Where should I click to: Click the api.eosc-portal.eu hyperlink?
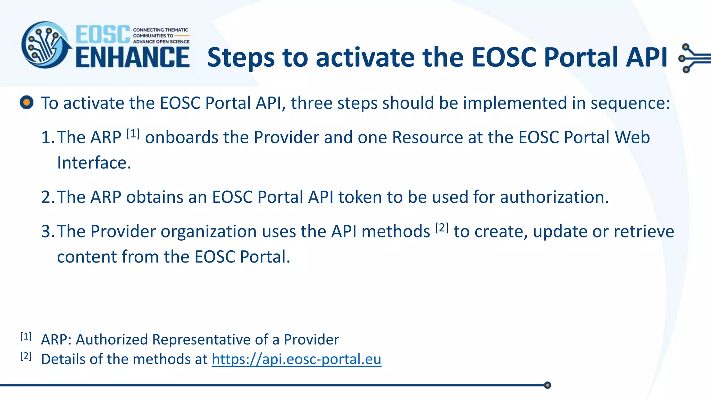pos(296,359)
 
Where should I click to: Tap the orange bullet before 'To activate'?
pos(27,102)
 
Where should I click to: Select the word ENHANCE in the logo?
pos(133,57)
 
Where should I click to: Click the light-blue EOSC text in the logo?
pos(103,34)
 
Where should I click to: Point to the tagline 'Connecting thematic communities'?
pos(161,35)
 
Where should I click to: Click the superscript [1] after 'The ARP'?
pos(133,134)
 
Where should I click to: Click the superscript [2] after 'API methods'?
pos(442,228)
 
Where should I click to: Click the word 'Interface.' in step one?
pos(94,162)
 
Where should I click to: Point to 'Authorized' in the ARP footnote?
pos(112,340)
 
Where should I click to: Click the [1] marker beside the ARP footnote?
pos(26,336)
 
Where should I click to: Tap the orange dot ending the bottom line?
pos(547,385)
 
